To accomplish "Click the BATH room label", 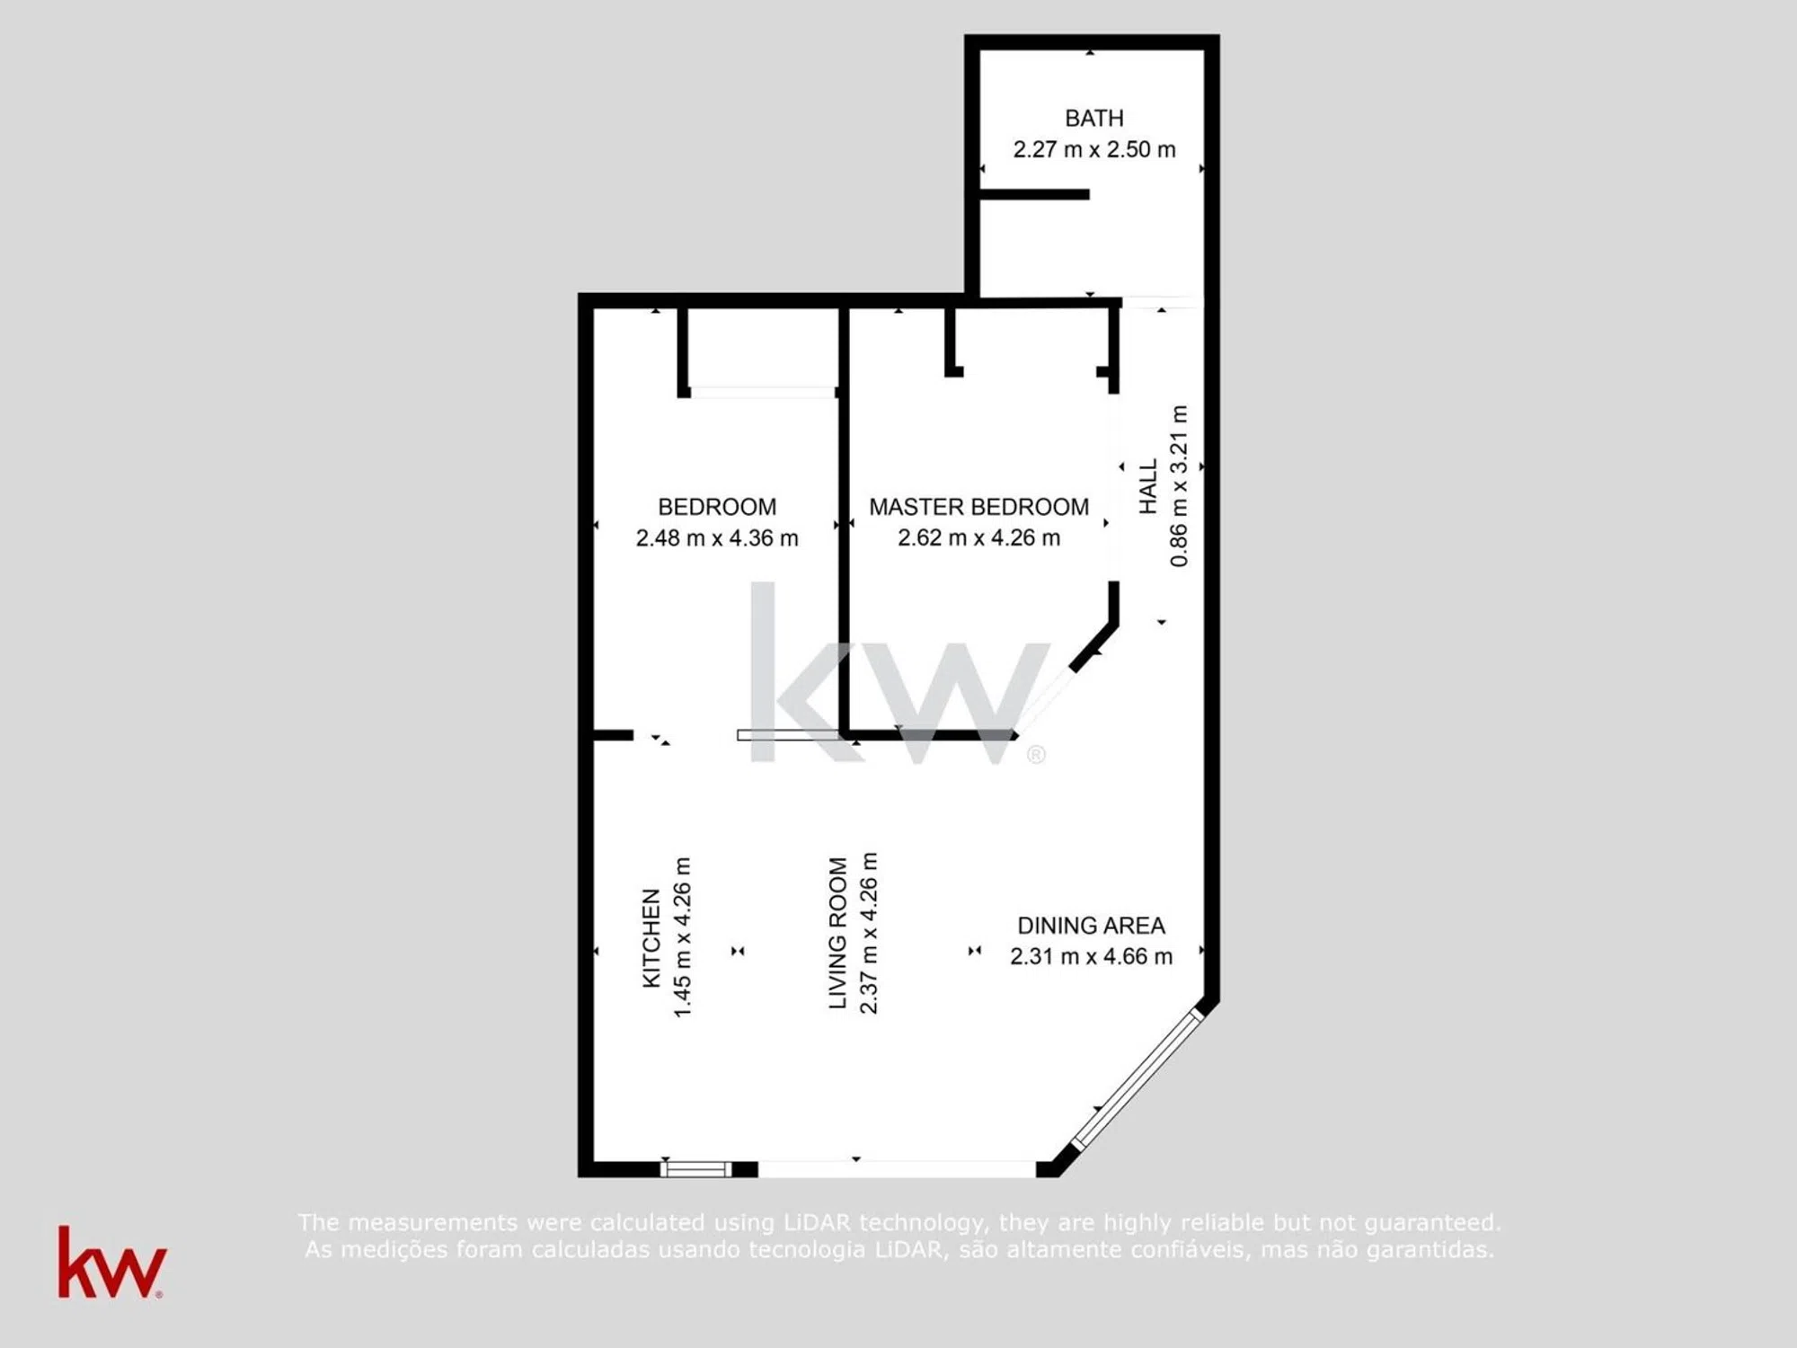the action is click(1093, 118).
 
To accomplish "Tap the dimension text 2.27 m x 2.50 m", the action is click(1093, 149).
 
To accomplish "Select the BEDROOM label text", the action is click(717, 507).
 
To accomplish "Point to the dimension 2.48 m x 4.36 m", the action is click(717, 537).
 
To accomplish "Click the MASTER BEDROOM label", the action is click(978, 507).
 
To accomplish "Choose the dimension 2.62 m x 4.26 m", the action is click(978, 537).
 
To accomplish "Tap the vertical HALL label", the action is click(1148, 486).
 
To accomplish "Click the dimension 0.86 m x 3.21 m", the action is click(1179, 486).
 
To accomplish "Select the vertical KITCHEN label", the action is click(651, 937).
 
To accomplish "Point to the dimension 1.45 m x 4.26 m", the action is click(683, 937).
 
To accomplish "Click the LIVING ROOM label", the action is click(837, 933).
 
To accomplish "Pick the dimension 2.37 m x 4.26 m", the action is click(869, 933).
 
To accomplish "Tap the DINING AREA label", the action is click(1091, 926).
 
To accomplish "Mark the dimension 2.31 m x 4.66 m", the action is click(1091, 956).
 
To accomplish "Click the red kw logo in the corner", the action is click(111, 1264).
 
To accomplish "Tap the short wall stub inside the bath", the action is click(1034, 194).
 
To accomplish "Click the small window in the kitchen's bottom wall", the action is click(696, 1169).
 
